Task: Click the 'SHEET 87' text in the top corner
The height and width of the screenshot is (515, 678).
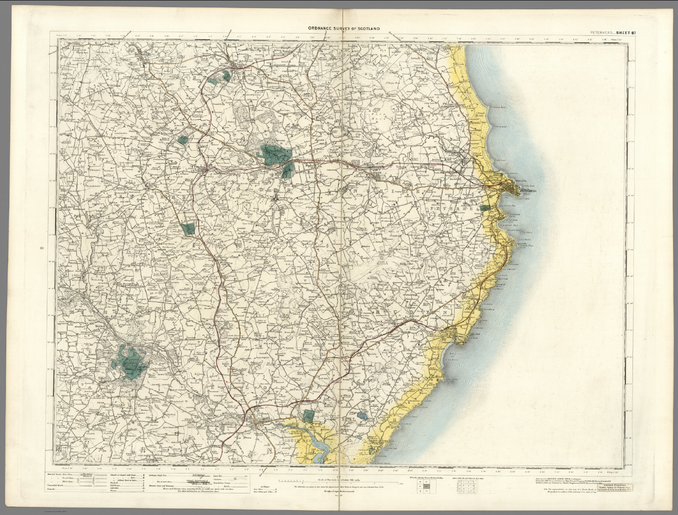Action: coord(623,33)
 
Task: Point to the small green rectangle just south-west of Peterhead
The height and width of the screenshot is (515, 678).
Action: coord(485,208)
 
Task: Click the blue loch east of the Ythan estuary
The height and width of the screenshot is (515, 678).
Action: coord(362,416)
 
